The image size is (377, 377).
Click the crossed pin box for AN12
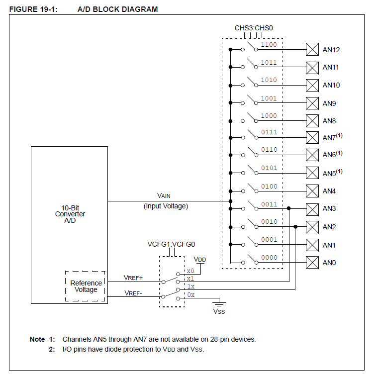point(312,49)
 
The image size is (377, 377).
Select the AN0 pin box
point(312,262)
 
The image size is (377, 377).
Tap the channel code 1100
point(269,45)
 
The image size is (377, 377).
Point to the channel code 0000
point(269,258)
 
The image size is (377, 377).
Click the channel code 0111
point(269,132)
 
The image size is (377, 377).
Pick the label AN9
point(329,103)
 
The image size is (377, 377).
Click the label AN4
point(329,191)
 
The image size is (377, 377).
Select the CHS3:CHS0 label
point(254,28)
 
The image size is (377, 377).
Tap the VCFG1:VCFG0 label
point(171,245)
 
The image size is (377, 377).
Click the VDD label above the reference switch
point(199,260)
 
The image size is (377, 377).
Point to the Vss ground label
point(219,311)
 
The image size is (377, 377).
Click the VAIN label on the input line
point(164,196)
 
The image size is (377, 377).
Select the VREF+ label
point(134,278)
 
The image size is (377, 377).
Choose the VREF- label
point(133,293)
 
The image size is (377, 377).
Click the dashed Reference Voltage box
point(86,286)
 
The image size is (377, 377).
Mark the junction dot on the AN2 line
point(296,227)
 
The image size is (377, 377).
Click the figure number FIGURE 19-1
point(34,9)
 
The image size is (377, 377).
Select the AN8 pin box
point(312,121)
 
